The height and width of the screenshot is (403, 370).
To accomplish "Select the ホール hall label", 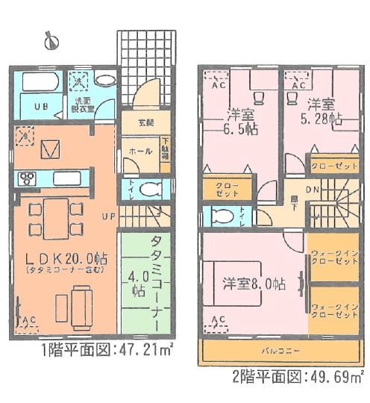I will tap(137, 151).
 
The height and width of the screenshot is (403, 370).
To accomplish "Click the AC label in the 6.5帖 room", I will tap(219, 87).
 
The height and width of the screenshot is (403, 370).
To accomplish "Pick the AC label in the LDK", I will tap(30, 321).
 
